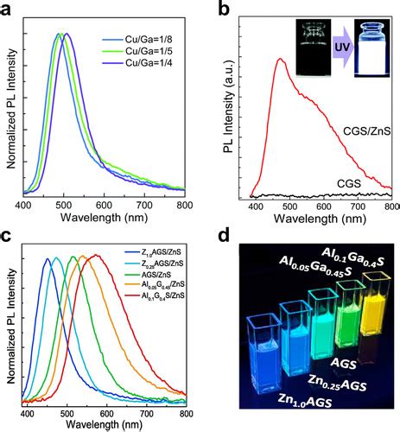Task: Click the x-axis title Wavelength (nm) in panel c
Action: click(105, 422)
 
